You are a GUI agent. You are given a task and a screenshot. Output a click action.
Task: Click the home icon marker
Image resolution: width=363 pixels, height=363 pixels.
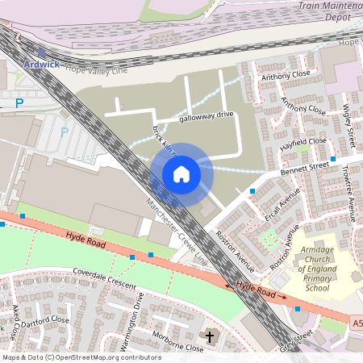[x=181, y=173]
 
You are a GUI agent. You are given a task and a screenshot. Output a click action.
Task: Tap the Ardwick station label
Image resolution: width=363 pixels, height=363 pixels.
[x=41, y=64]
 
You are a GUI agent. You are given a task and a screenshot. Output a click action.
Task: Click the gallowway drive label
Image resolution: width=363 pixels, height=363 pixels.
[x=207, y=115]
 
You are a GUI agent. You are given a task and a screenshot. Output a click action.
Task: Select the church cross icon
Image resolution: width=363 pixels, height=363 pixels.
[x=211, y=336]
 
